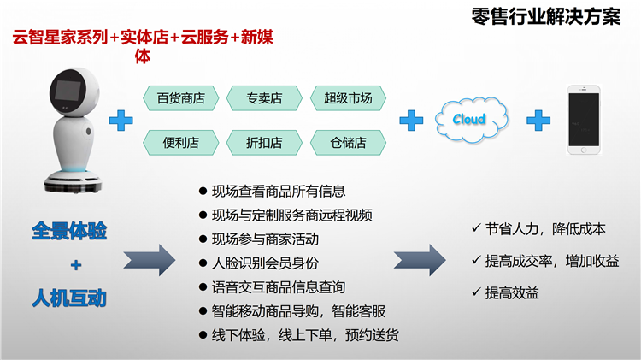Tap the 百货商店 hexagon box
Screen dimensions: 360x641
click(x=180, y=98)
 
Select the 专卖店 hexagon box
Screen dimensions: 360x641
click(x=264, y=98)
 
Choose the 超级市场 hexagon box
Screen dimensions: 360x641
click(x=348, y=98)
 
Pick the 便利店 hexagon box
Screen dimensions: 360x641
click(x=180, y=142)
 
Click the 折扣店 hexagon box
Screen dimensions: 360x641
click(x=264, y=142)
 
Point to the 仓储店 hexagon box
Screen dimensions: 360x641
click(x=348, y=142)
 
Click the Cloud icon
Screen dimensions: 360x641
click(x=468, y=120)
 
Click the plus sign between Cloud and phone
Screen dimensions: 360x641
click(x=538, y=120)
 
